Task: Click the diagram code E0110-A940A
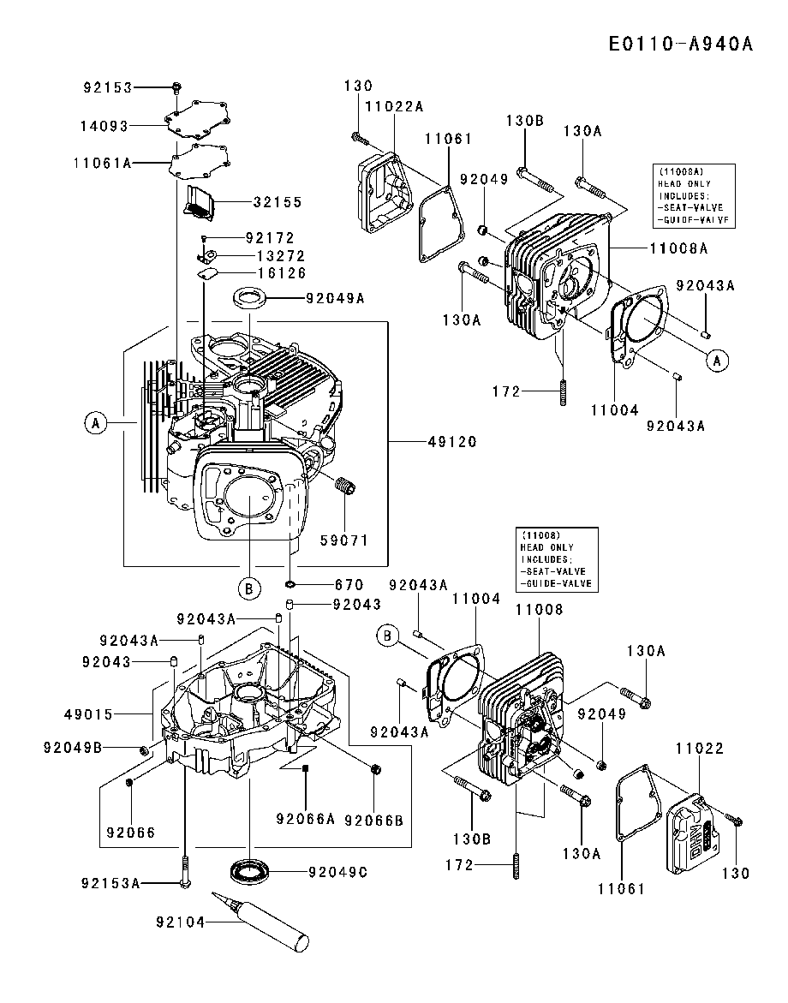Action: pos(681,44)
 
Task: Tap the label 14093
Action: pos(104,126)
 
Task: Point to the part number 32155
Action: pos(277,203)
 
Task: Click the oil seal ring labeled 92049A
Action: pos(249,299)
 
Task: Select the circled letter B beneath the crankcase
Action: pos(248,588)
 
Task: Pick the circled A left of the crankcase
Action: pos(96,421)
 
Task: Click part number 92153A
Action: pos(111,883)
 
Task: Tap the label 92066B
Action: pos(373,820)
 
